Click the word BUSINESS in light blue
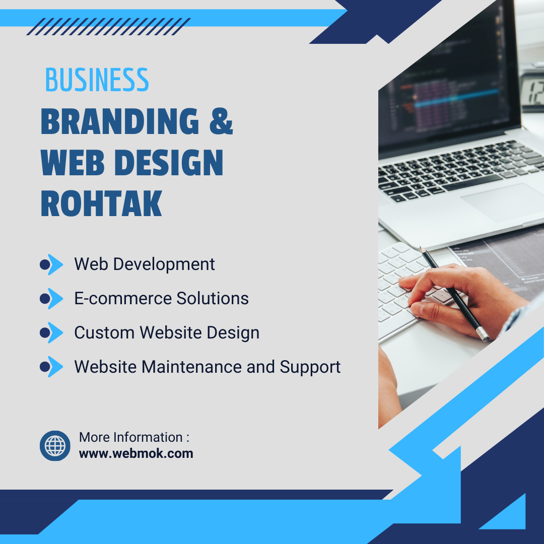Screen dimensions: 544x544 pos(97,80)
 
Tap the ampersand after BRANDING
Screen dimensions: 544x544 pos(221,121)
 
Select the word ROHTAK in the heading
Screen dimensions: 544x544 pos(101,203)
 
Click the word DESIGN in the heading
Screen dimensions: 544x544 pos(169,162)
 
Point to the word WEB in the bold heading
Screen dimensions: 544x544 pos(73,162)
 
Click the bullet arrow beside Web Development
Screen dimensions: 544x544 pos(51,264)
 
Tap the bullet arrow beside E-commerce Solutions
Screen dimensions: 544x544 pos(51,298)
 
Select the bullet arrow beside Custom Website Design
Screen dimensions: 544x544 pos(51,332)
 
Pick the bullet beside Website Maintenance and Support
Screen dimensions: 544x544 pos(51,366)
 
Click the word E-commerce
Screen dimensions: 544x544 pos(123,298)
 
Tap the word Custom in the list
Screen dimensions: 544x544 pos(104,332)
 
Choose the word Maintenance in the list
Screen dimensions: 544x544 pos(191,367)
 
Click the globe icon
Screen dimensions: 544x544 pos(55,446)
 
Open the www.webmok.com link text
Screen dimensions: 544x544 pos(136,454)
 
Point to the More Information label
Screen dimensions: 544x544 pos(134,437)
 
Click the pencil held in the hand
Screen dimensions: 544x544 pos(454,294)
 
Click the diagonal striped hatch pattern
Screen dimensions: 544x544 pos(109,27)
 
